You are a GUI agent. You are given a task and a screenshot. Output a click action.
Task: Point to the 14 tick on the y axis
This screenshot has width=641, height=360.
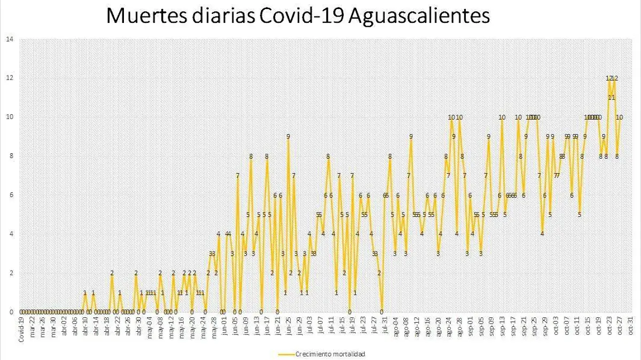pos(9,39)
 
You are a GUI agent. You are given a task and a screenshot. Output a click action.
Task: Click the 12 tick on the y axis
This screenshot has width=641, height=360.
pos(9,78)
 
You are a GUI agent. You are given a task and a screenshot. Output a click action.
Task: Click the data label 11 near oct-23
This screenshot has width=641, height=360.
pos(612,98)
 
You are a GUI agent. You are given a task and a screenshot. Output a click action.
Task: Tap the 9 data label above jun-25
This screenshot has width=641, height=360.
pos(288,137)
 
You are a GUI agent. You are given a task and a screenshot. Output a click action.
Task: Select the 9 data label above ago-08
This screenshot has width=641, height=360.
pos(411,137)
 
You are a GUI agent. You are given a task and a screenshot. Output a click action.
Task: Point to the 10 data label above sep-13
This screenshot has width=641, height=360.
pos(502,117)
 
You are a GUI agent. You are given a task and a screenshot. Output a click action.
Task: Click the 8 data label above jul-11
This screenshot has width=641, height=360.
pos(328,156)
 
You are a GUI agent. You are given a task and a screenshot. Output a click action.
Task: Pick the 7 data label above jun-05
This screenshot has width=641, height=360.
pos(238,176)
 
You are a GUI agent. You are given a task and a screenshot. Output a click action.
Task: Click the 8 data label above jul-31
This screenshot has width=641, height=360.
pos(390,156)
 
